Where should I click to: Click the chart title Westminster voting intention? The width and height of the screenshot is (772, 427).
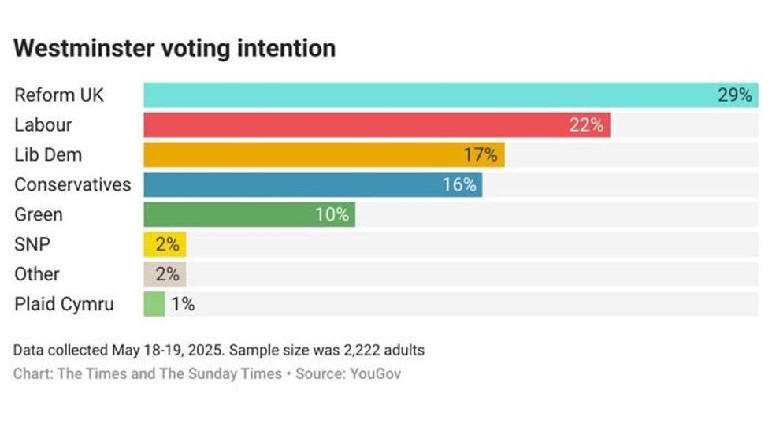point(175,48)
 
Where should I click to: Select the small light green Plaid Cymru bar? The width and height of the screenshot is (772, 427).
point(154,304)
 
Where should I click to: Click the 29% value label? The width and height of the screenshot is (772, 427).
point(734,95)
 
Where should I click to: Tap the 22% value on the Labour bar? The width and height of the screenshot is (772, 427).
point(586,125)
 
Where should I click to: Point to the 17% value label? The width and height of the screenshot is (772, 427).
point(480,155)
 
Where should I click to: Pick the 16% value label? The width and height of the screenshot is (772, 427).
point(458,185)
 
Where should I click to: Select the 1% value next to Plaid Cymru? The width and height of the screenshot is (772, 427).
point(183,304)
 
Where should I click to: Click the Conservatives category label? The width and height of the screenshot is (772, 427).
point(72,185)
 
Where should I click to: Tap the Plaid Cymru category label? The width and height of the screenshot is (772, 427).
point(64,304)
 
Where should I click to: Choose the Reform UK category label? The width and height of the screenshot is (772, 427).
point(59,95)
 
